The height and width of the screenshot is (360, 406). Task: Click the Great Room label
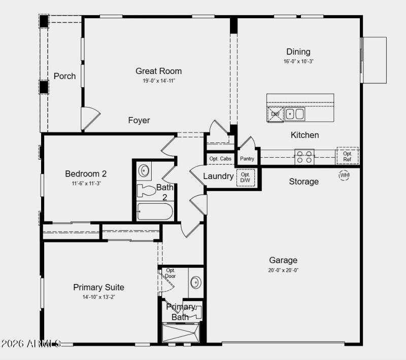tap(158, 71)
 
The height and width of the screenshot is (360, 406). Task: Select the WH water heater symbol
tap(344, 175)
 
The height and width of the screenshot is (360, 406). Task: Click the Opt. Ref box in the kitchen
tap(347, 156)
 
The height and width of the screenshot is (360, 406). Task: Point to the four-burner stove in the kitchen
tap(304, 157)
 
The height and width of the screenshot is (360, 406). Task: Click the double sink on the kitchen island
tap(294, 114)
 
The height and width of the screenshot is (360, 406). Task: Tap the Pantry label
tap(247, 159)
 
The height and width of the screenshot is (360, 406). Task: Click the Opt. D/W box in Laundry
tap(246, 177)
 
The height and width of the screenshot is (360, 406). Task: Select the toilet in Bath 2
tap(147, 191)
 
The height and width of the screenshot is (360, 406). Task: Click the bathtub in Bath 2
tap(155, 210)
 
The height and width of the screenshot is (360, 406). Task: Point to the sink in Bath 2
tap(144, 170)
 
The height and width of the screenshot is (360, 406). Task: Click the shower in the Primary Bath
tap(181, 333)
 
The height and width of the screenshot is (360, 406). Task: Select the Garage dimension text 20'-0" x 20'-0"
tap(283, 270)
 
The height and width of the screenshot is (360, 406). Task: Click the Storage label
tap(304, 182)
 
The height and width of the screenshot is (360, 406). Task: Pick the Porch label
tap(64, 76)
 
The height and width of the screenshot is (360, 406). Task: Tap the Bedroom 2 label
tap(86, 174)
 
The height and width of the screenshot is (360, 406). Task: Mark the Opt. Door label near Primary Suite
tap(171, 273)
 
